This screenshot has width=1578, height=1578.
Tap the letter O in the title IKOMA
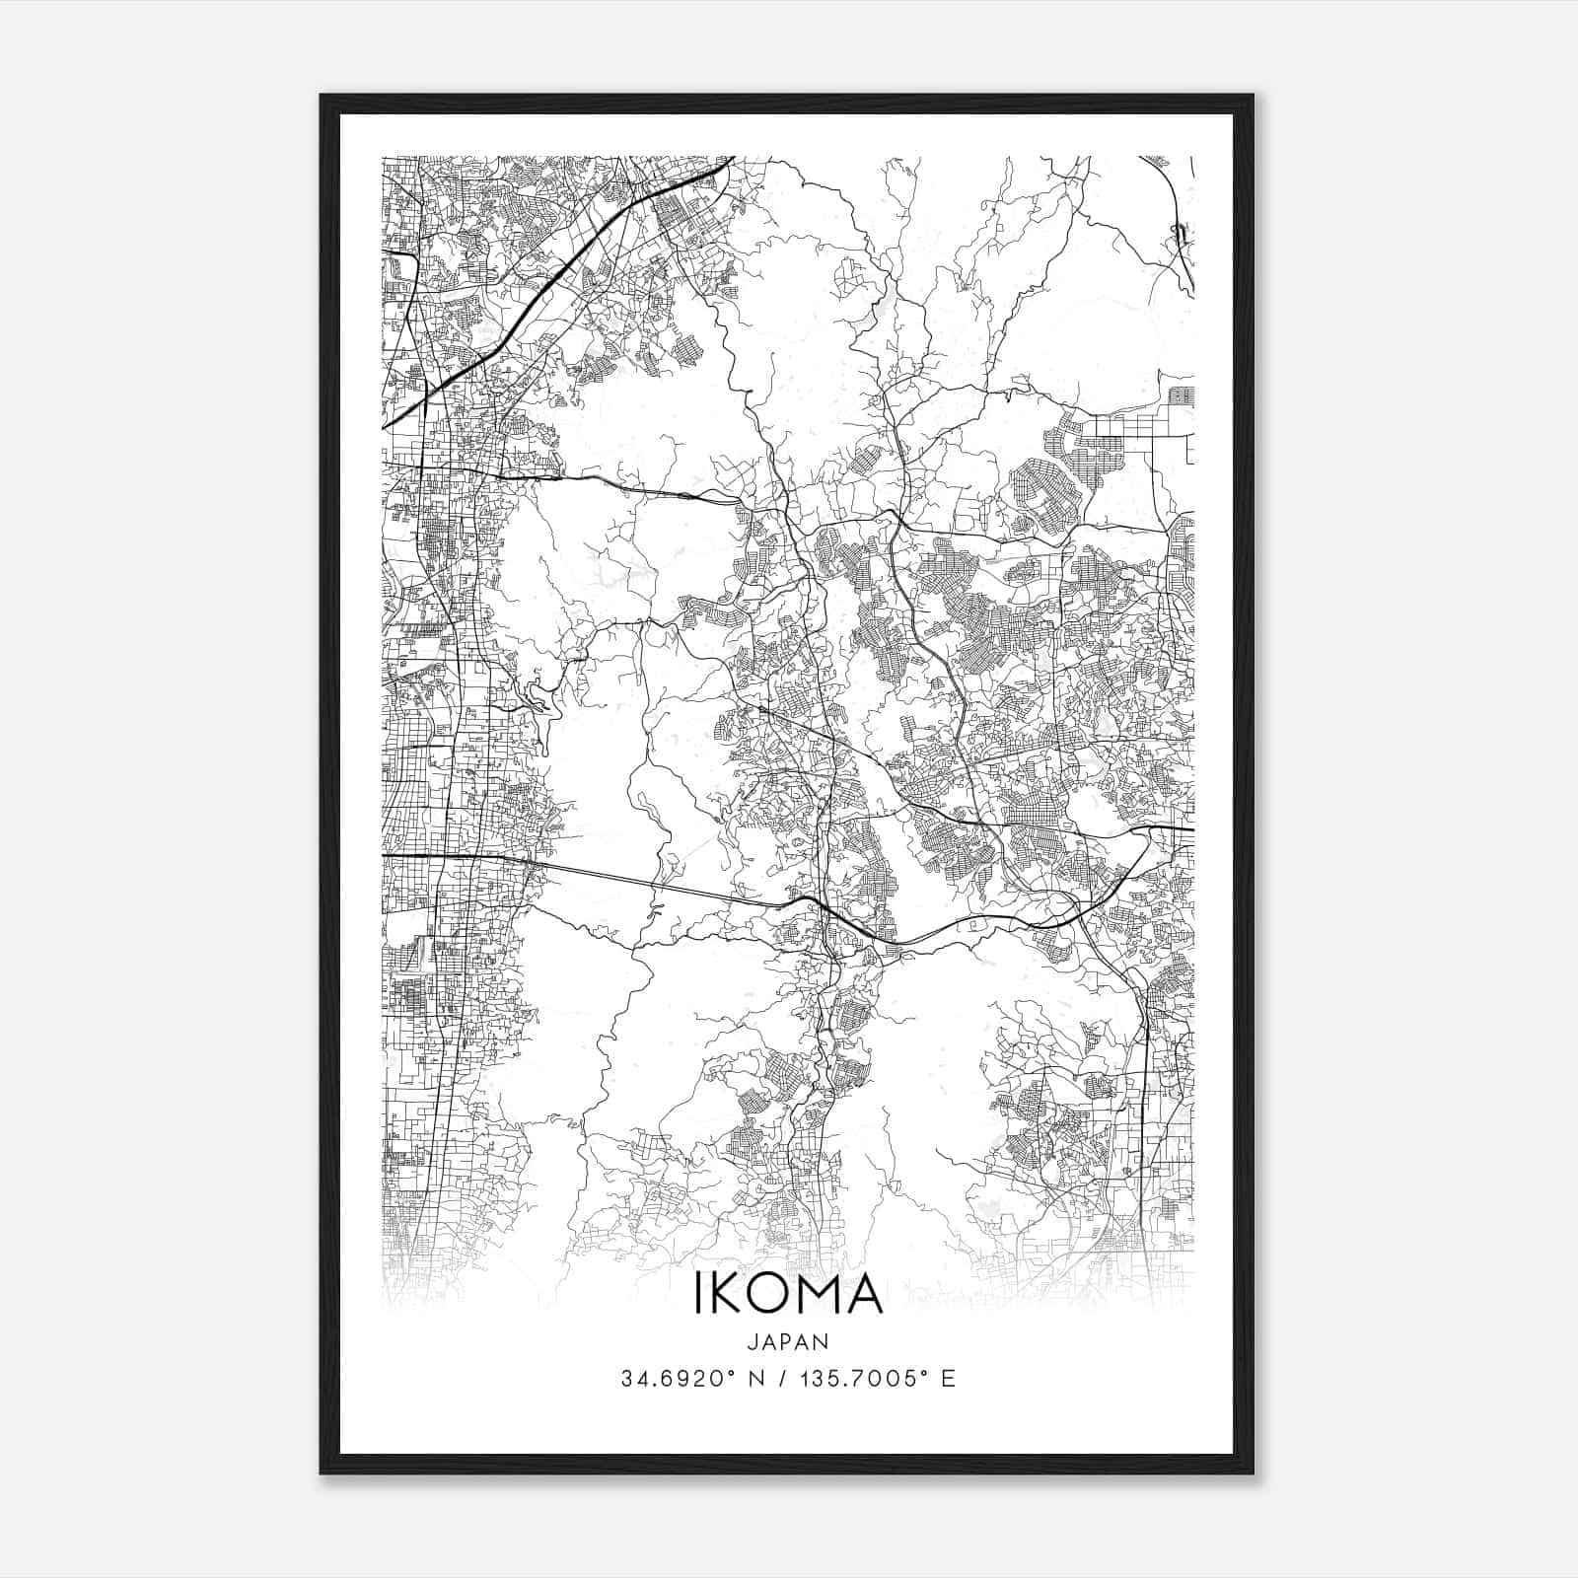[x=772, y=1296]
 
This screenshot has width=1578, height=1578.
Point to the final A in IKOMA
[x=865, y=1296]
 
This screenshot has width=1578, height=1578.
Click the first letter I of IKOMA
[x=700, y=1296]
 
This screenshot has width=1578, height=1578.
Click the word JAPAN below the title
[x=788, y=1341]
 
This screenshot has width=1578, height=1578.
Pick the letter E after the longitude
[x=948, y=1379]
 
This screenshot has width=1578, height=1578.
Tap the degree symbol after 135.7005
[x=926, y=1373]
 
